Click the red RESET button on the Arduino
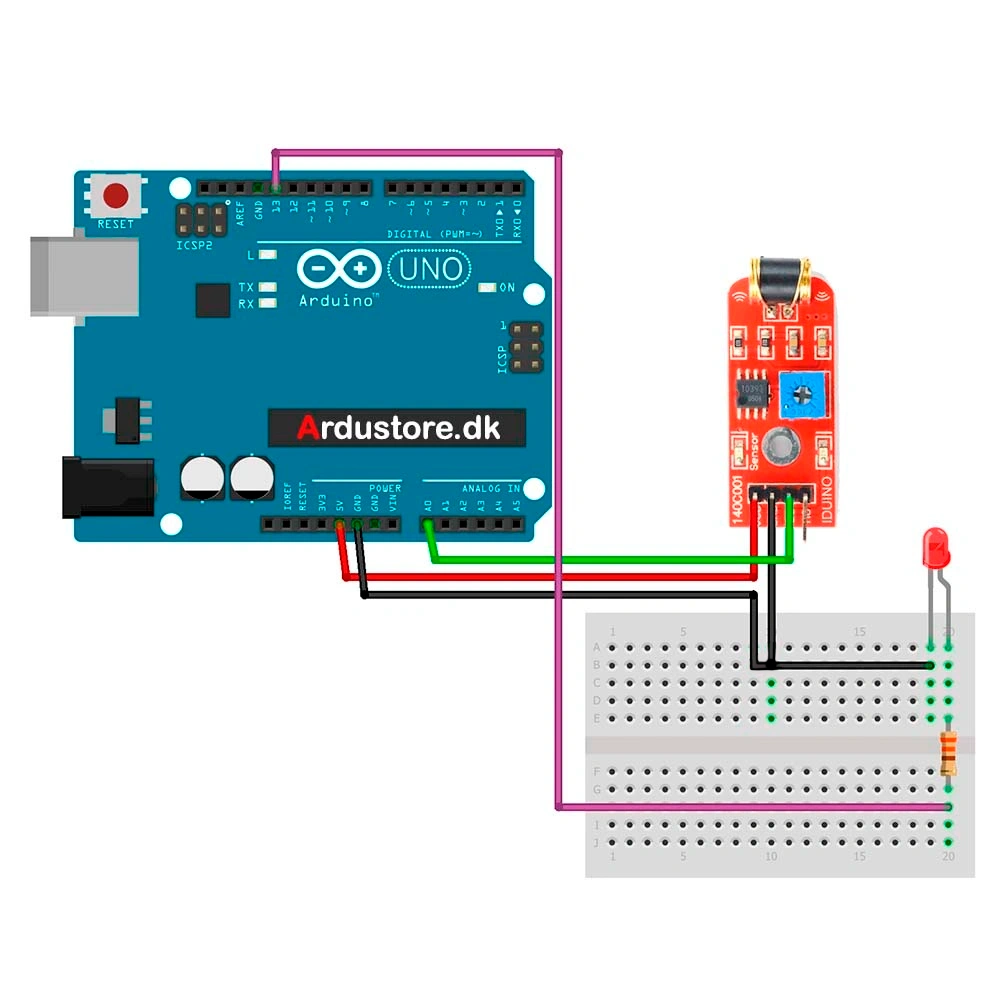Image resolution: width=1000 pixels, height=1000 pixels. pyautogui.click(x=116, y=194)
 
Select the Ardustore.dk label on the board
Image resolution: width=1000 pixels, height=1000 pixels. pyautogui.click(x=397, y=428)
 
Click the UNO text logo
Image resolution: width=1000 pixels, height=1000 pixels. pyautogui.click(x=431, y=269)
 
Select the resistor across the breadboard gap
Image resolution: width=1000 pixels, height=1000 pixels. pyautogui.click(x=949, y=753)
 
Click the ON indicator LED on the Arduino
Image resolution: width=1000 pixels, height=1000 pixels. pyautogui.click(x=487, y=288)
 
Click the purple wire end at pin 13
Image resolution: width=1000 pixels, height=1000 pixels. pyautogui.click(x=276, y=186)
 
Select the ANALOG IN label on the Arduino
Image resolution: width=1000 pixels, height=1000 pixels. pyautogui.click(x=490, y=488)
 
